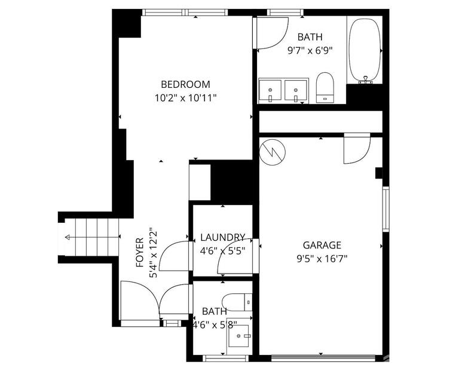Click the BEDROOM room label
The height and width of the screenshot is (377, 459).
[185, 84]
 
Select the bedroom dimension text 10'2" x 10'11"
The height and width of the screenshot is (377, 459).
[185, 97]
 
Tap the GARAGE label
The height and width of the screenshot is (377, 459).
[322, 245]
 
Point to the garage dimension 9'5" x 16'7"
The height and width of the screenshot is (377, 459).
[322, 258]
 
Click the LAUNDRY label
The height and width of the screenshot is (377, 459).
[222, 237]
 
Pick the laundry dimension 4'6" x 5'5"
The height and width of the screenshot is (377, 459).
[222, 250]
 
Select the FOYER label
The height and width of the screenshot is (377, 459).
[139, 252]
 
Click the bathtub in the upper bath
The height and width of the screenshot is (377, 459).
[365, 50]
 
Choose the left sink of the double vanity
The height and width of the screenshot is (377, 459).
[271, 91]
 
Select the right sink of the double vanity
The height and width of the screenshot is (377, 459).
[296, 91]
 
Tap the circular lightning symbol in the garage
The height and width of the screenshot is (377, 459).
[273, 152]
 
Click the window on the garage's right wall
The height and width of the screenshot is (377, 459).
[385, 209]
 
